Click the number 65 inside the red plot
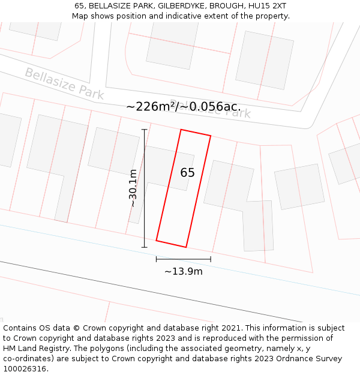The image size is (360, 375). pyautogui.click(x=187, y=173)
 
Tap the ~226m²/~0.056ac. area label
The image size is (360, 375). pyautogui.click(x=183, y=107)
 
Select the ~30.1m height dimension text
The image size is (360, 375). pyautogui.click(x=133, y=188)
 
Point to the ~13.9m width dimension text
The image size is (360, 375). pyautogui.click(x=184, y=271)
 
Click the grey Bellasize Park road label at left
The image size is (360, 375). pyautogui.click(x=64, y=84)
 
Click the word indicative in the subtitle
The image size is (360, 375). pyautogui.click(x=179, y=16)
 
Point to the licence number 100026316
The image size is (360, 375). pyautogui.click(x=25, y=369)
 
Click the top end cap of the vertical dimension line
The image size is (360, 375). pyautogui.click(x=144, y=129)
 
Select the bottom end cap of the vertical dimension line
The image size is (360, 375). pyautogui.click(x=144, y=247)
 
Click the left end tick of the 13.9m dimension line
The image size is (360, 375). pyautogui.click(x=157, y=259)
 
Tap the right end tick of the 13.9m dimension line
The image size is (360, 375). pyautogui.click(x=211, y=259)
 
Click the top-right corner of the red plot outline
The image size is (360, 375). pyautogui.click(x=211, y=136)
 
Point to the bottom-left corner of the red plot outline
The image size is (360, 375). pyautogui.click(x=157, y=241)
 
